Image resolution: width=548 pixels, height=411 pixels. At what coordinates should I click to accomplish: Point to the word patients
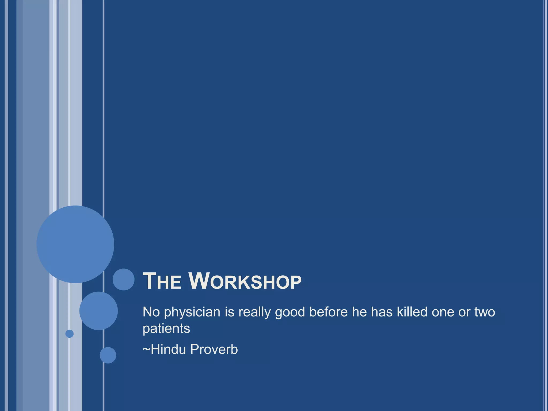click(x=166, y=329)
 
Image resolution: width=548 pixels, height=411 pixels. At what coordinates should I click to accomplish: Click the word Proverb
click(x=214, y=349)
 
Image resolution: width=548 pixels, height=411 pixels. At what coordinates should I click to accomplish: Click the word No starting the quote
click(x=151, y=312)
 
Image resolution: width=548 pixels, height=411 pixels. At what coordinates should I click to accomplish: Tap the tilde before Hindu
click(x=146, y=349)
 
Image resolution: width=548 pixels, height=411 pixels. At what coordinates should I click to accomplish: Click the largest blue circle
click(x=75, y=244)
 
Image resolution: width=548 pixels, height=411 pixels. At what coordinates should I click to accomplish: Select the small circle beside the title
click(x=123, y=279)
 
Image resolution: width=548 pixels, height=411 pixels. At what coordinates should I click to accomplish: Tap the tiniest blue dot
click(x=69, y=334)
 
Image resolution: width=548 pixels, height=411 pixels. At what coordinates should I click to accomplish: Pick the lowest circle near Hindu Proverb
click(x=108, y=355)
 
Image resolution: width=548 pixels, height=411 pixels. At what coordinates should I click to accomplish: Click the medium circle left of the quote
click(x=98, y=311)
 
